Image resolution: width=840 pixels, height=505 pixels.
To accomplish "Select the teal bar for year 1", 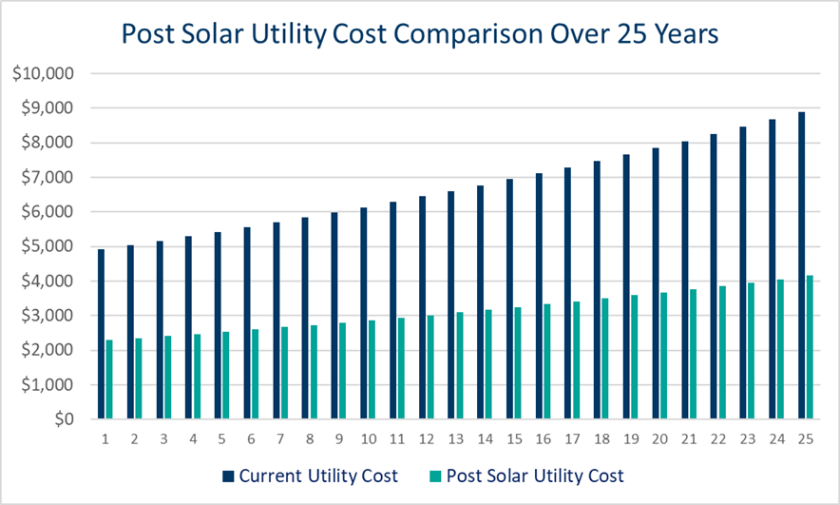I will pos(109,379).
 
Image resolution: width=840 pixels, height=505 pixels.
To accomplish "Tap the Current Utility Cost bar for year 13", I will pos(449,305).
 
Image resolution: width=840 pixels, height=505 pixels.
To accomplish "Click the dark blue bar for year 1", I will pos(100,334).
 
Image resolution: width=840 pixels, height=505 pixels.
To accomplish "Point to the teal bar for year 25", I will pos(810,347).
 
